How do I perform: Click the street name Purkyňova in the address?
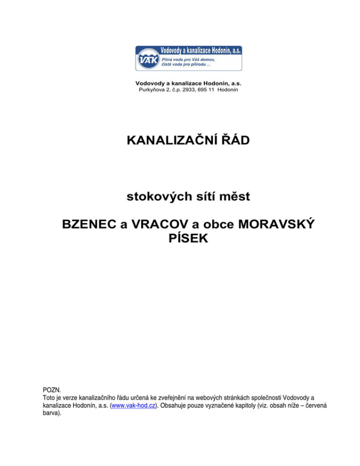[150, 90]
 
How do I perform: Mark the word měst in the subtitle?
[232, 197]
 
